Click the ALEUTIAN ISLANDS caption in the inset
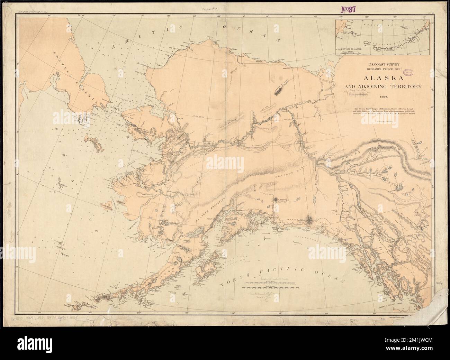(x=350, y=49)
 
